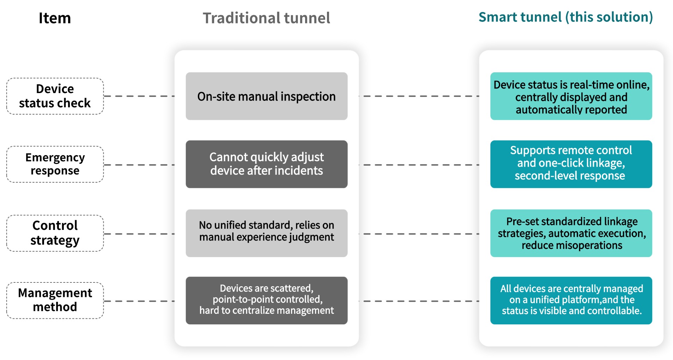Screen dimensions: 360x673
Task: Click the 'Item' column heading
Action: (55, 18)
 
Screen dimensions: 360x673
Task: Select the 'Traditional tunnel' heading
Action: (266, 18)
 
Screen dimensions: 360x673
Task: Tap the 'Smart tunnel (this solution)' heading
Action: (565, 17)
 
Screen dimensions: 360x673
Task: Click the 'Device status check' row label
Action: (55, 96)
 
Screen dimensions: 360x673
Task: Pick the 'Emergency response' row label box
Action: (55, 164)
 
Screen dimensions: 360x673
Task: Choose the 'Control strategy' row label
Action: (55, 233)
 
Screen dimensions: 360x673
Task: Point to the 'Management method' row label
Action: (55, 300)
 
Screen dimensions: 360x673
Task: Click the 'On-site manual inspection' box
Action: (266, 96)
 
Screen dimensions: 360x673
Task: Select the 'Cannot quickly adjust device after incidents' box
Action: (266, 164)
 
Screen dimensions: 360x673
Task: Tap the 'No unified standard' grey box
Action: (266, 233)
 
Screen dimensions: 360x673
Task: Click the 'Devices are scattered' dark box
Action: (266, 300)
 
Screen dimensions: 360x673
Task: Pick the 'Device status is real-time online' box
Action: (571, 96)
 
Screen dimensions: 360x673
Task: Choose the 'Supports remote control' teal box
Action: (571, 164)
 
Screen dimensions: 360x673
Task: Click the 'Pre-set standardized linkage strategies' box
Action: (571, 233)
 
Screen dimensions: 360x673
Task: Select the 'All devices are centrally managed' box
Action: (571, 300)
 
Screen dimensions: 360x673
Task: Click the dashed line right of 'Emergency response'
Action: (139, 165)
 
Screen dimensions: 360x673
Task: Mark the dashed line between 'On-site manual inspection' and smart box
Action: (419, 96)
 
